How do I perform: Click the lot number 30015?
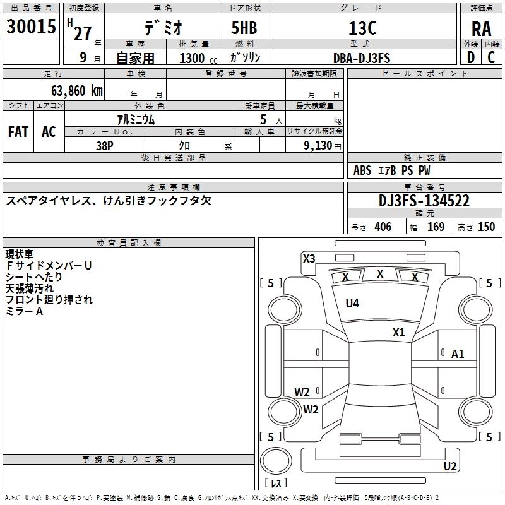31,27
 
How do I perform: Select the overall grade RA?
482,29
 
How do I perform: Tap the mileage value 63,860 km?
77,91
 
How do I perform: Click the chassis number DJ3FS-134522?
424,201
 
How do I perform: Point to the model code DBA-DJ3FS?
362,58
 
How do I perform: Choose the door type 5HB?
244,28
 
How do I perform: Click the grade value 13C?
362,28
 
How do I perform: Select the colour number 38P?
105,146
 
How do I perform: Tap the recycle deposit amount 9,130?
318,146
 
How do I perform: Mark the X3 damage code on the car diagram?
309,259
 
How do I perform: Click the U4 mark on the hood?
352,303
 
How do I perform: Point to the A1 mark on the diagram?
458,354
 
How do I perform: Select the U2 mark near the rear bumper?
450,466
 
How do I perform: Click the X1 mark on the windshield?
398,333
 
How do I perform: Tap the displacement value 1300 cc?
198,58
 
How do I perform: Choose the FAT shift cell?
18,132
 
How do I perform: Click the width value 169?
436,227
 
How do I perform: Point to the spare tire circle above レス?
276,461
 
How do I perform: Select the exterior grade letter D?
471,57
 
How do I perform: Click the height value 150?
486,227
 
